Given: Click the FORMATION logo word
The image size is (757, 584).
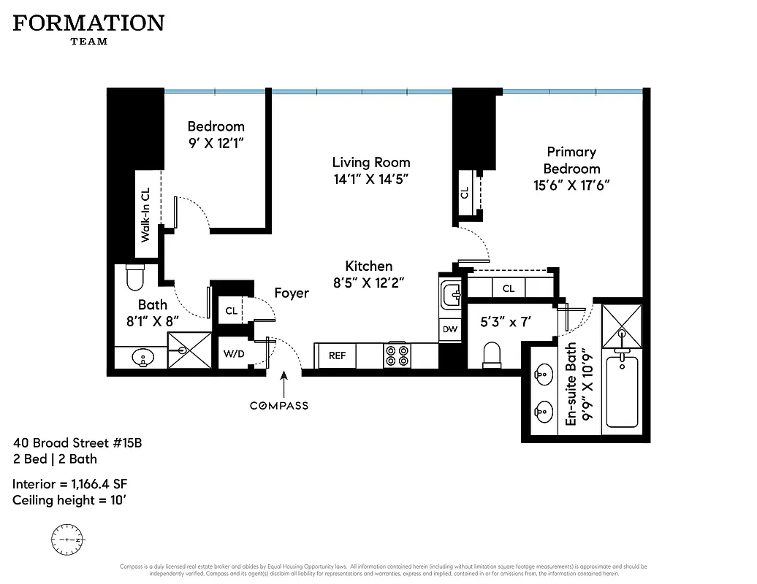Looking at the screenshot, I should tap(88, 23).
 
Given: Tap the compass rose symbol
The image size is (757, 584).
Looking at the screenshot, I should tap(66, 539).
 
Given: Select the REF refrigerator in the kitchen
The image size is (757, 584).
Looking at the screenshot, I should tap(337, 356).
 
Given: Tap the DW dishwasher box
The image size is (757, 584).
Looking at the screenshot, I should tap(450, 329).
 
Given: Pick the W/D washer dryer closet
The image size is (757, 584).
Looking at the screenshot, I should tap(234, 356).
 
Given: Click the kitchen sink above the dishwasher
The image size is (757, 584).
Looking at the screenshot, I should tap(450, 296).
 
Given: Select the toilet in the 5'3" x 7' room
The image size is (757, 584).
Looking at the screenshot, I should tap(492, 356).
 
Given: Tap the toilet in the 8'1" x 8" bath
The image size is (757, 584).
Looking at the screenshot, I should tap(135, 277).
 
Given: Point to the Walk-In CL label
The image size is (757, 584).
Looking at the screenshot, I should tap(145, 215).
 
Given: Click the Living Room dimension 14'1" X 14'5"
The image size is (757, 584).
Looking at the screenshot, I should tap(371, 180).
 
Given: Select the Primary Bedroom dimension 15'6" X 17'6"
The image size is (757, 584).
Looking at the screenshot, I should tap(571, 185).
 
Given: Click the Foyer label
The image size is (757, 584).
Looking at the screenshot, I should tap(292, 293).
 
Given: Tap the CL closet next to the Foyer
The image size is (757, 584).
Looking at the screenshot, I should tap(232, 311).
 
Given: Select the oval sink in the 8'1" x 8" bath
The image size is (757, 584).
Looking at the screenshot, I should tap(143, 358).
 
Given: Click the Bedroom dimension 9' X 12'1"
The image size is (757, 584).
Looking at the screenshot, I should tap(216, 144).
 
